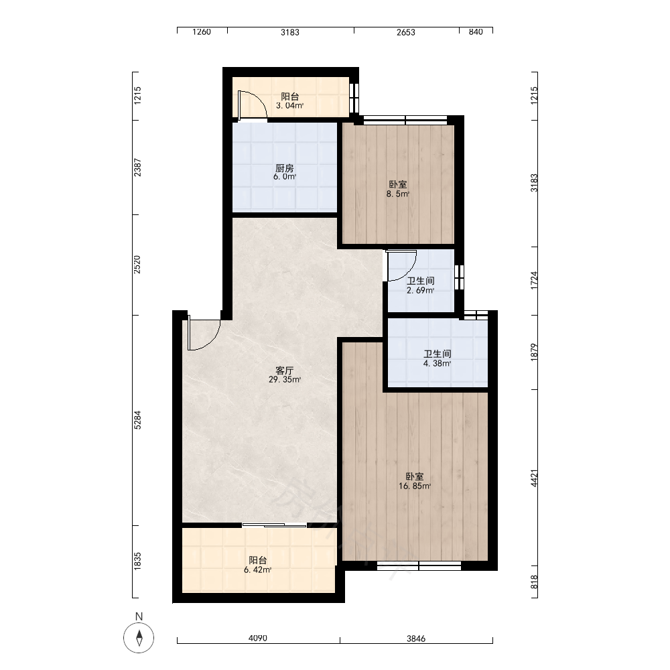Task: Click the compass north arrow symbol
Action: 139,638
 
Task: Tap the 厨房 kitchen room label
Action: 285,168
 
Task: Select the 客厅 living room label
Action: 285,371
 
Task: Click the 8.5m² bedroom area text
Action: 398,194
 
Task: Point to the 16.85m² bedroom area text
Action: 415,486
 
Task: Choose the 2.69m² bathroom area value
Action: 421,291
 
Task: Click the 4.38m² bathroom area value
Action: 437,364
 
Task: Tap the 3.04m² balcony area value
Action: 289,106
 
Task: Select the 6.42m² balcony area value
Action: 258,570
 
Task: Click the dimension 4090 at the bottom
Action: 258,638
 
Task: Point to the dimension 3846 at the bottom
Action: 416,639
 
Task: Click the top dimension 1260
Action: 202,32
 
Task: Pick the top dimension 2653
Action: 406,32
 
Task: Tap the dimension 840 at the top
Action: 476,32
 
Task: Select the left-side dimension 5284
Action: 137,420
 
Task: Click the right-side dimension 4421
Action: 534,478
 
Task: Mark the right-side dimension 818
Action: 534,582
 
